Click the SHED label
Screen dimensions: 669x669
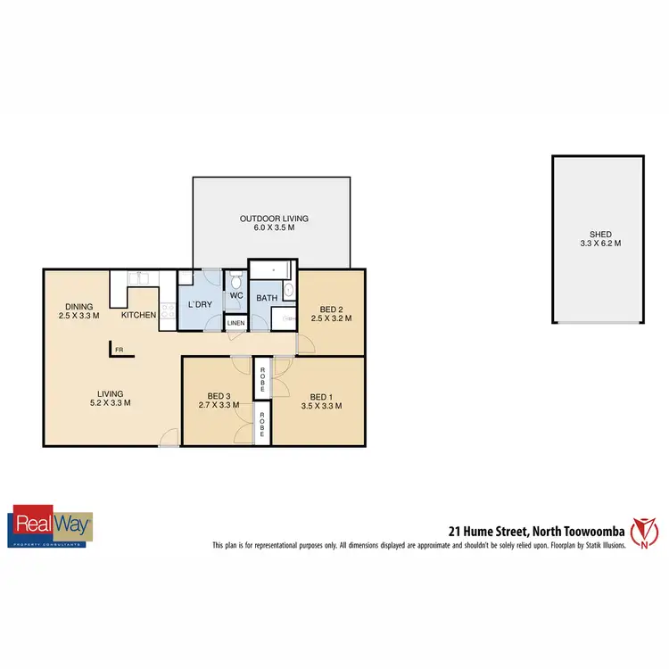(x=599, y=234)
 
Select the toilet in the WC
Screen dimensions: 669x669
(x=236, y=277)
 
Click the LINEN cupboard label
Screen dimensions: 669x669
(x=235, y=323)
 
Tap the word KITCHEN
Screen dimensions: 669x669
(x=140, y=315)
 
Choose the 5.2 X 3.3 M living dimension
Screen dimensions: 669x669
(x=110, y=402)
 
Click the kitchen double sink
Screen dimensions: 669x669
(x=142, y=279)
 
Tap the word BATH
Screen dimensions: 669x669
(x=266, y=297)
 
